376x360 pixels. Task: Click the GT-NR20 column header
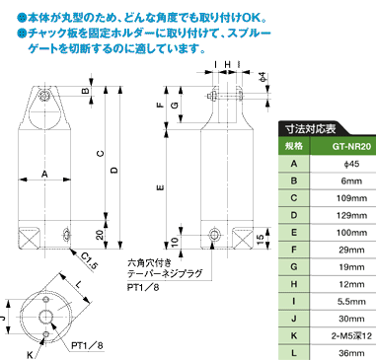351,146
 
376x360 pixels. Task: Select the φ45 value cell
351,164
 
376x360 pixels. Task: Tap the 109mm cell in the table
351,198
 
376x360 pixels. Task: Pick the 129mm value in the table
351,215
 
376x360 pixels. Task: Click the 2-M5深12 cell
351,335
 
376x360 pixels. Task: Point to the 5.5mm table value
351,302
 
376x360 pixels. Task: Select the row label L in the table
294,353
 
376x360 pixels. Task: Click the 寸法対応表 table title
311,128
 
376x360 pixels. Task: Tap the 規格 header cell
294,146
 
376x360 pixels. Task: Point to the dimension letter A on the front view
44,175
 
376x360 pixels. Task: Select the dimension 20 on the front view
100,235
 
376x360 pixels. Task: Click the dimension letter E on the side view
161,188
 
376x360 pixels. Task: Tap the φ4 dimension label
263,77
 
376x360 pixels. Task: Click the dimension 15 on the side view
260,238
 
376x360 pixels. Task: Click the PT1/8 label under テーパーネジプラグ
143,287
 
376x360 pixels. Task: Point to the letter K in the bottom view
30,355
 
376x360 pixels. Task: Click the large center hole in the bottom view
46,317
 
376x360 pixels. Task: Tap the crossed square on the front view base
30,238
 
